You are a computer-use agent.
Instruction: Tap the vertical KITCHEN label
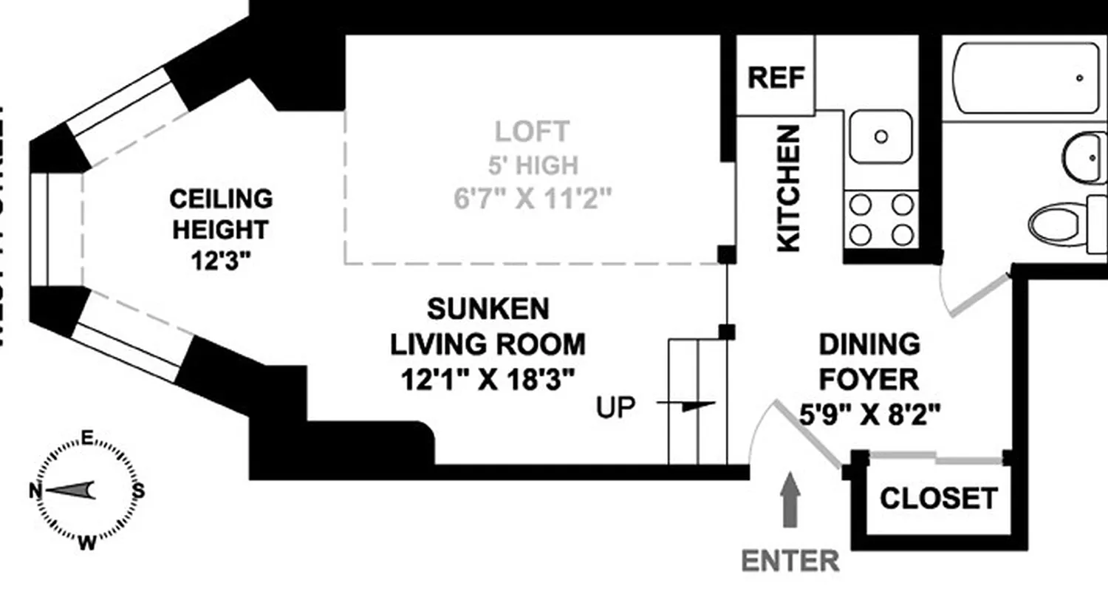(788, 188)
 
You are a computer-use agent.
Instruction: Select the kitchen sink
(880, 137)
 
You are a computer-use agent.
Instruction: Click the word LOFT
(532, 131)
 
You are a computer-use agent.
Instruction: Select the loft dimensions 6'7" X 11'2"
(532, 199)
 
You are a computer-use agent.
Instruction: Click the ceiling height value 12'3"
(221, 261)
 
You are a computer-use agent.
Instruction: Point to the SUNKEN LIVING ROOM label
(488, 326)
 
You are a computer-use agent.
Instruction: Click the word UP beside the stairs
(616, 407)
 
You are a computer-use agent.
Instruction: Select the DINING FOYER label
(869, 362)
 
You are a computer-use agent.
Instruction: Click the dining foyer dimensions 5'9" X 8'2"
(869, 414)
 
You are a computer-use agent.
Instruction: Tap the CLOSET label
(938, 499)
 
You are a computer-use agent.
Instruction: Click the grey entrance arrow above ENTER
(790, 500)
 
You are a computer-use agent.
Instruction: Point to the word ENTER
(790, 561)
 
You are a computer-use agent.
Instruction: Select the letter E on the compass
(86, 439)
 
